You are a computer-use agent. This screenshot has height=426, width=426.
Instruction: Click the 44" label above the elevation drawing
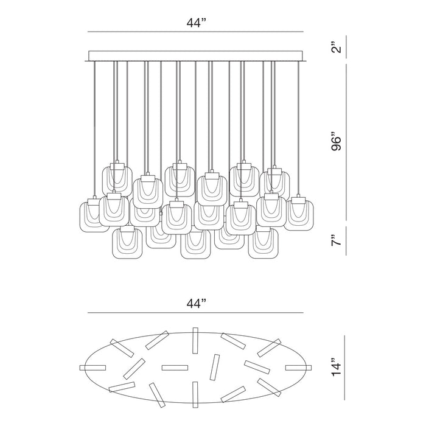coord(196,23)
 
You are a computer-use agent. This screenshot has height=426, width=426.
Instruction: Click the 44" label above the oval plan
coord(196,304)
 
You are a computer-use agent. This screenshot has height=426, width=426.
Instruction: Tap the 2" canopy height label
coord(336,47)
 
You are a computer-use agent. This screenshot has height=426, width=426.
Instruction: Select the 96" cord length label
coord(336,142)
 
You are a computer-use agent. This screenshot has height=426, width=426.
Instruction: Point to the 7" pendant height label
coord(336,240)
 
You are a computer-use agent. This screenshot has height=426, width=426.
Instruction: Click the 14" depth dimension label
coord(336,368)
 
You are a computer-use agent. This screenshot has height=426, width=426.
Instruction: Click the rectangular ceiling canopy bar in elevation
coord(195,56)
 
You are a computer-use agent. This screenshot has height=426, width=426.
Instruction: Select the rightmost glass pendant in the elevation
coord(299,213)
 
